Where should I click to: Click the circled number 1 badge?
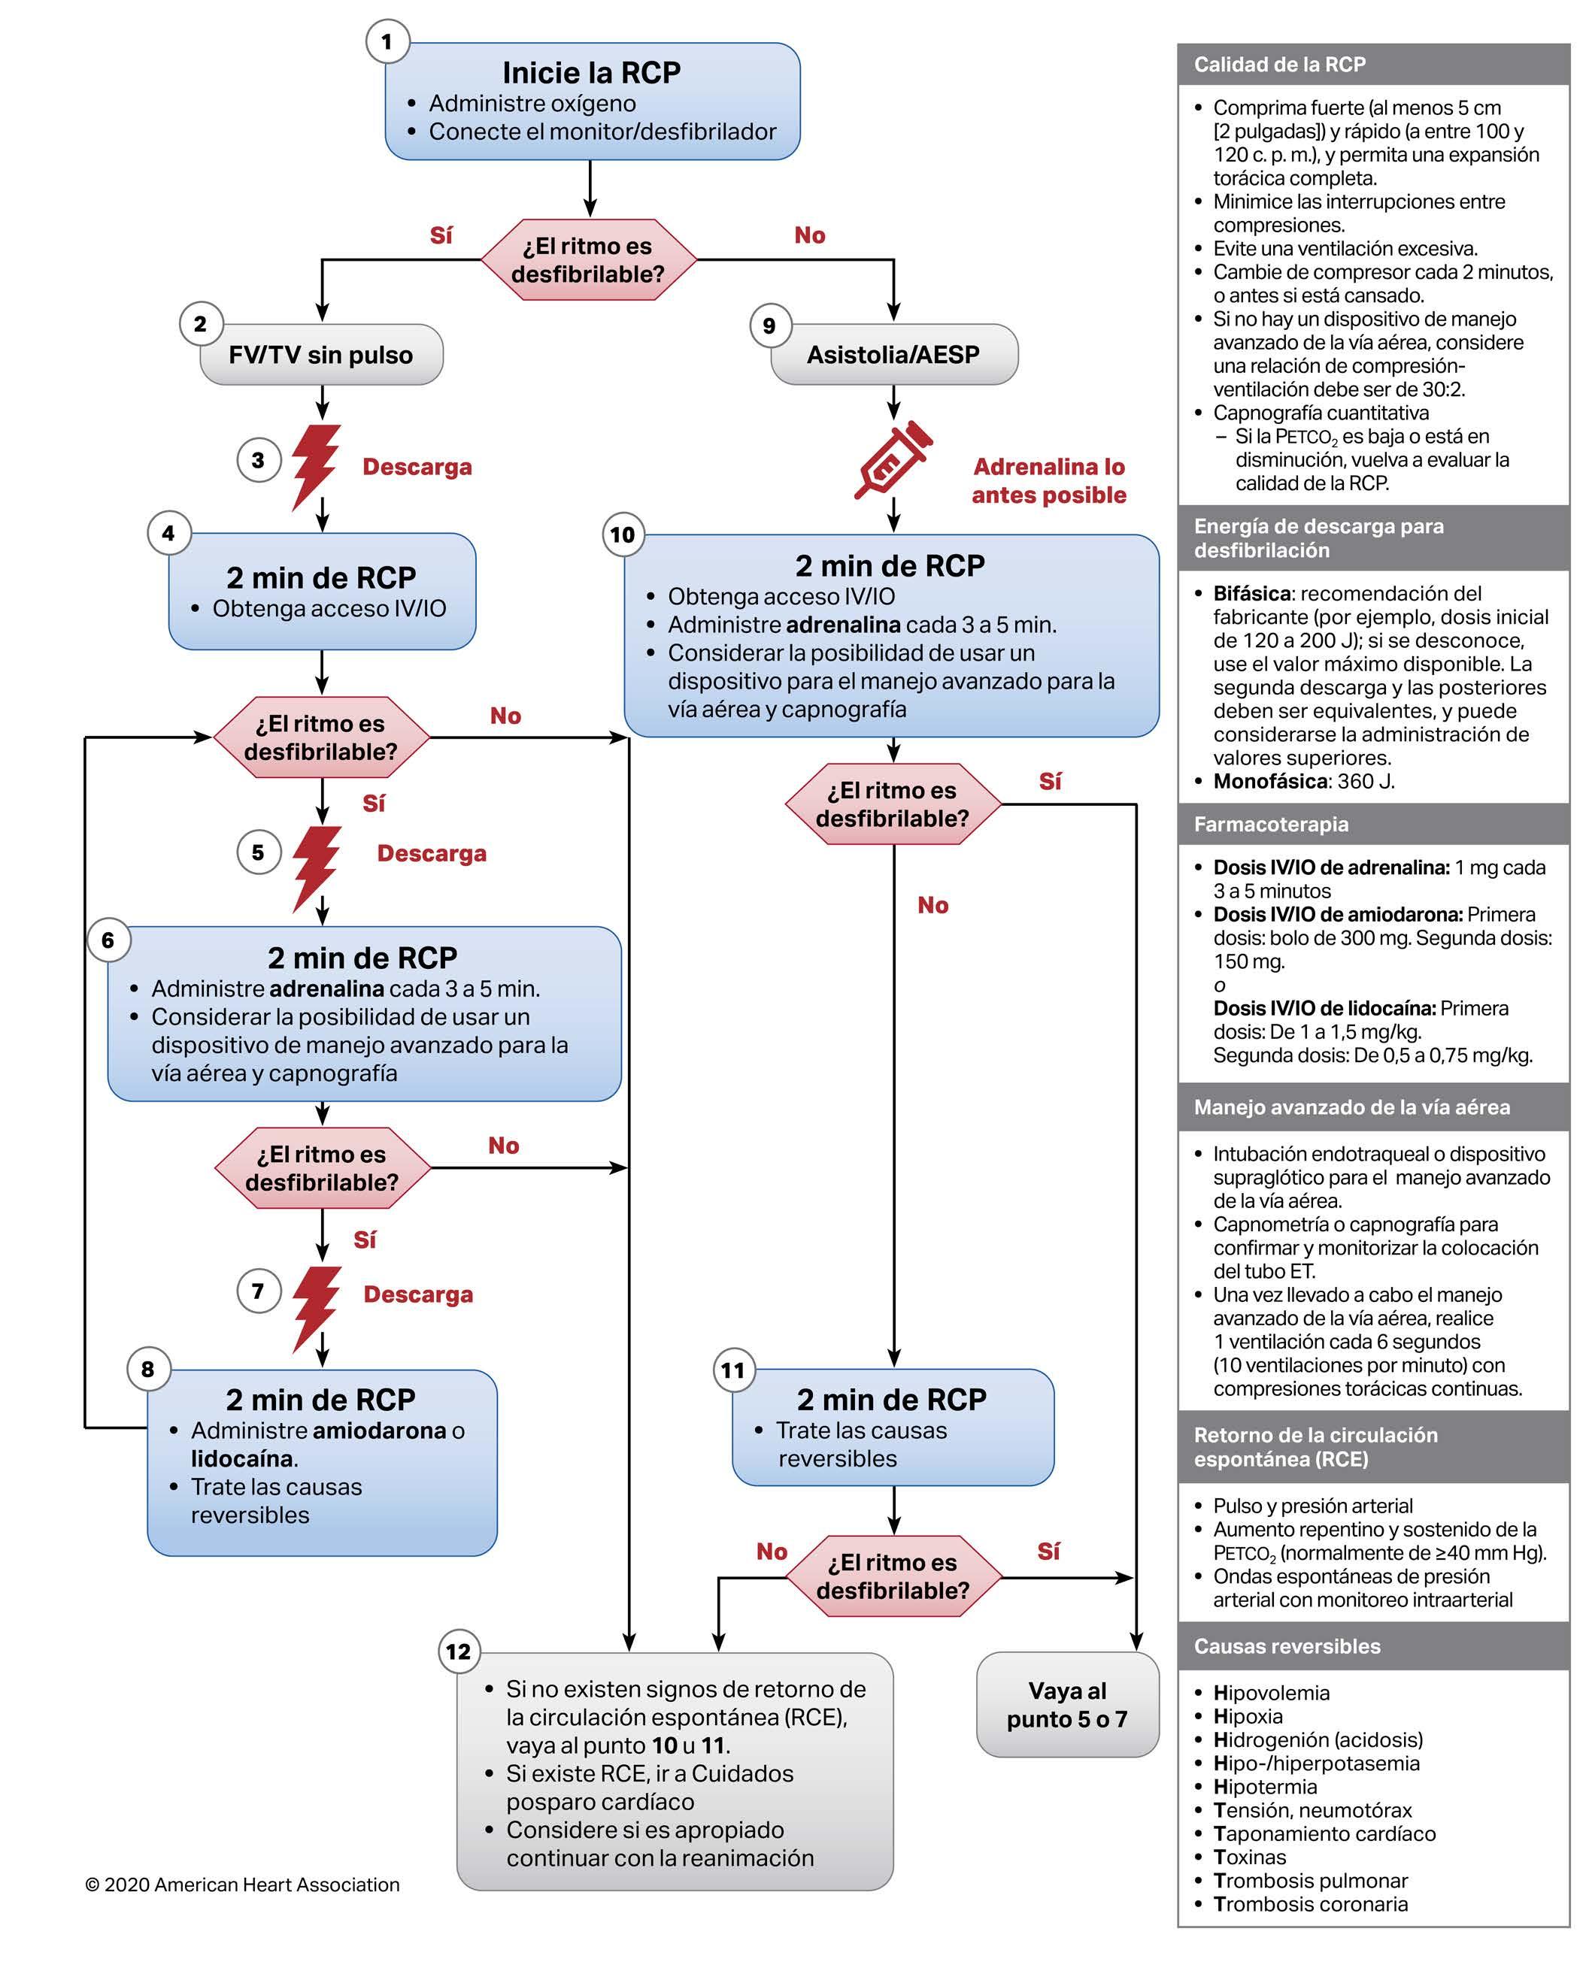387,41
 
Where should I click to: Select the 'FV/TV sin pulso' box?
321,355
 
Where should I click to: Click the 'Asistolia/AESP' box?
893,355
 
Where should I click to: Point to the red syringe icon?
890,459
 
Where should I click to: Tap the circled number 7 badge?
258,1291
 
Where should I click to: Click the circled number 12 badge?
458,1652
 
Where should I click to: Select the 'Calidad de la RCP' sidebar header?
1280,65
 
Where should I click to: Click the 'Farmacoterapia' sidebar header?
1270,824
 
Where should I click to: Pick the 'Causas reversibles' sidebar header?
1286,1646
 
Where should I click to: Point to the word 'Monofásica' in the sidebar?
1269,782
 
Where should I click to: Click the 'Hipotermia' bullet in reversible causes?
1265,1786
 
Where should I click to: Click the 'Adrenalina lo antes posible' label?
1049,481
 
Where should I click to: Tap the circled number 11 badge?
732,1370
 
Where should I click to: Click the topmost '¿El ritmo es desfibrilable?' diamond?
588,260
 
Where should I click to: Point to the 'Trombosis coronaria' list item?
1310,1904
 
